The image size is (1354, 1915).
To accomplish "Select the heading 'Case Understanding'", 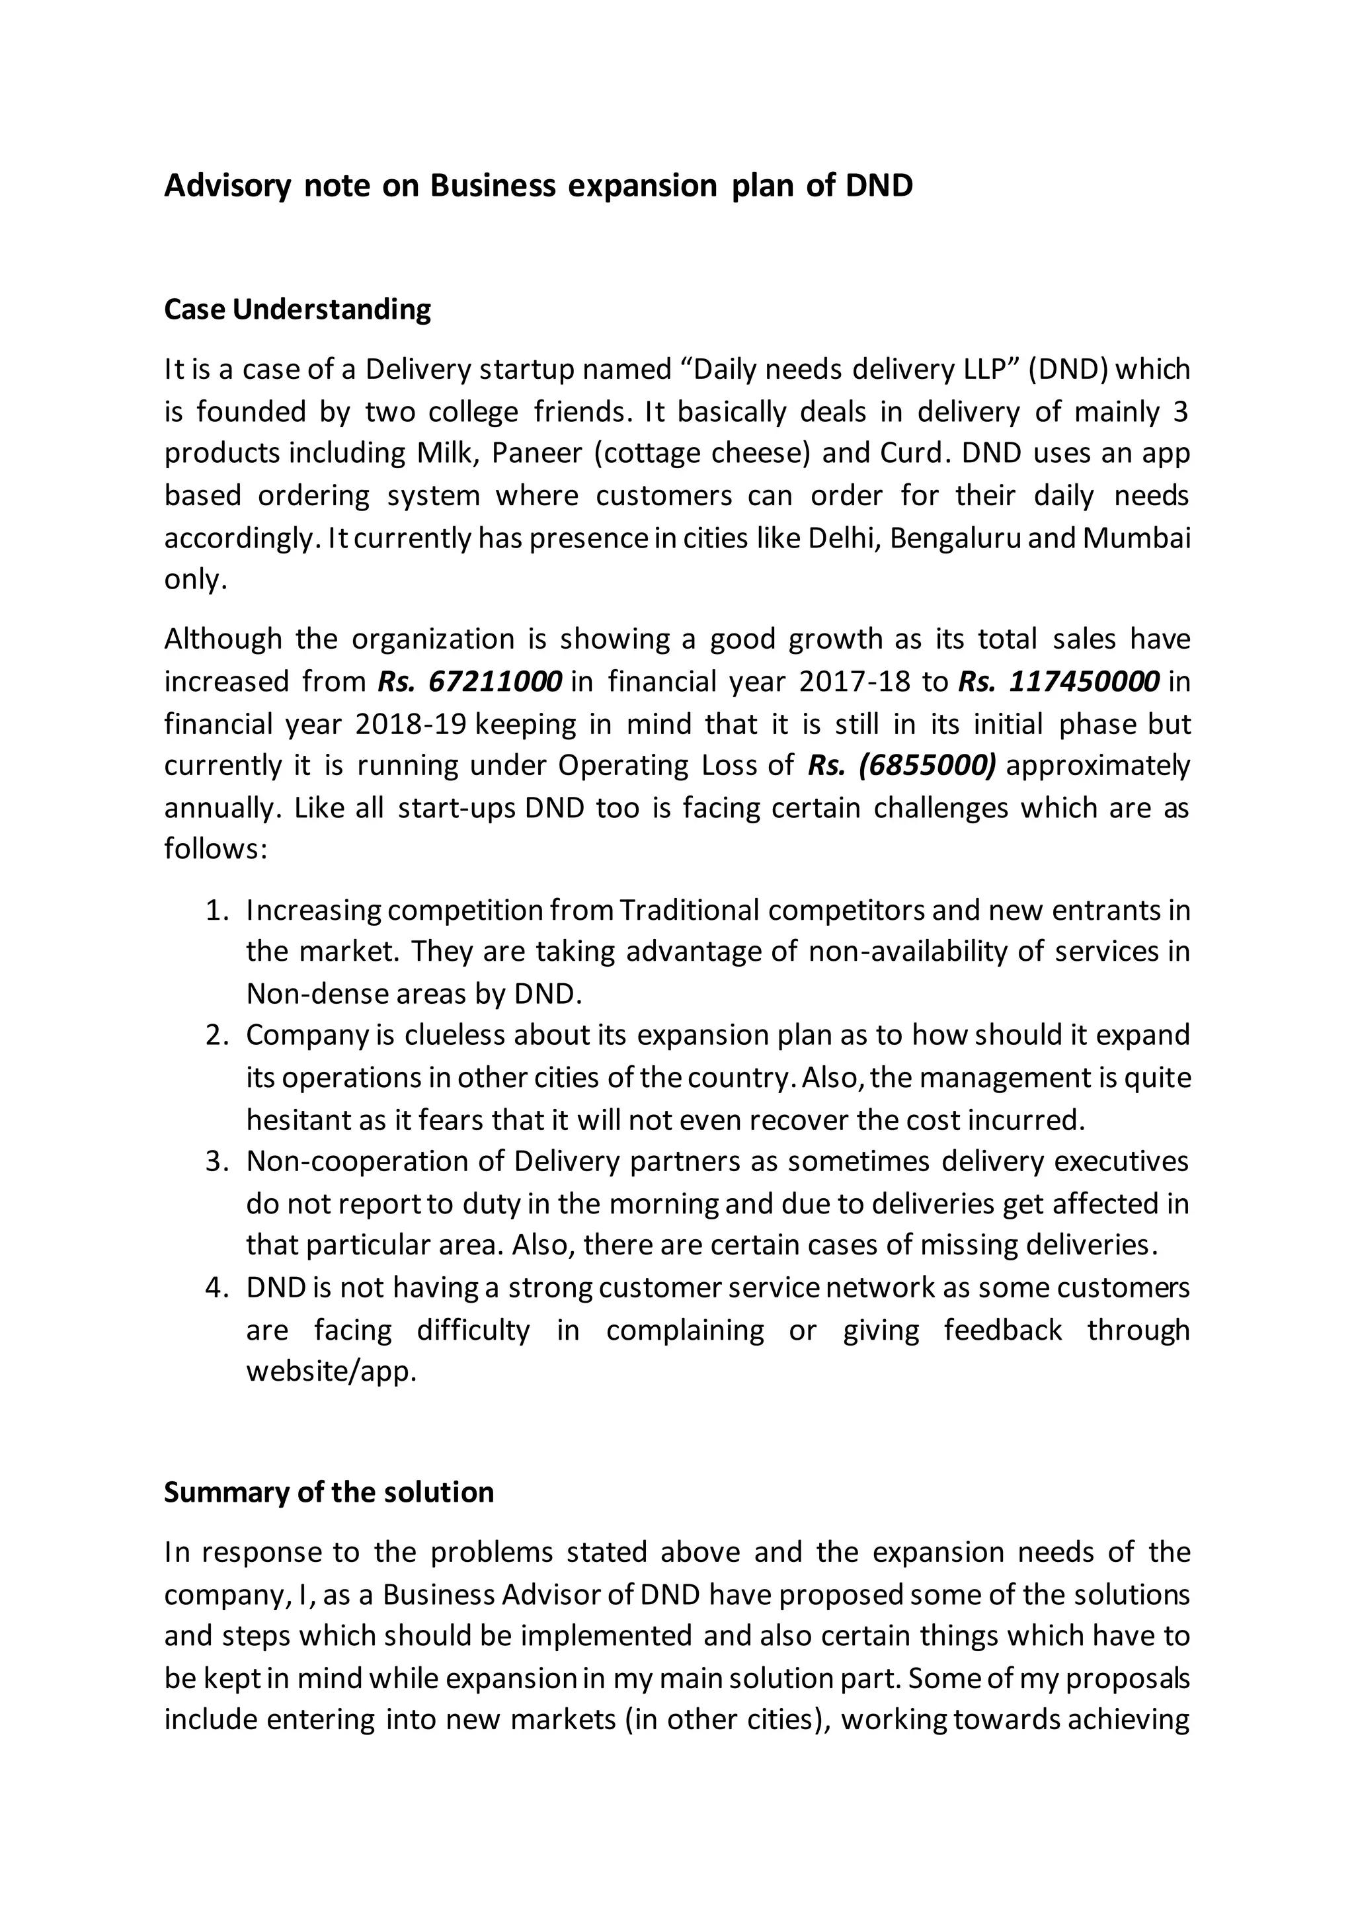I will tap(298, 309).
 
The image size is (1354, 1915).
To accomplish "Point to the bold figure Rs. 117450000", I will tap(1059, 682).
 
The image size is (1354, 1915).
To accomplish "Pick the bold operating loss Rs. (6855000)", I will tap(901, 765).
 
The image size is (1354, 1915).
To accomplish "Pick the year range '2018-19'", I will tap(409, 723).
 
